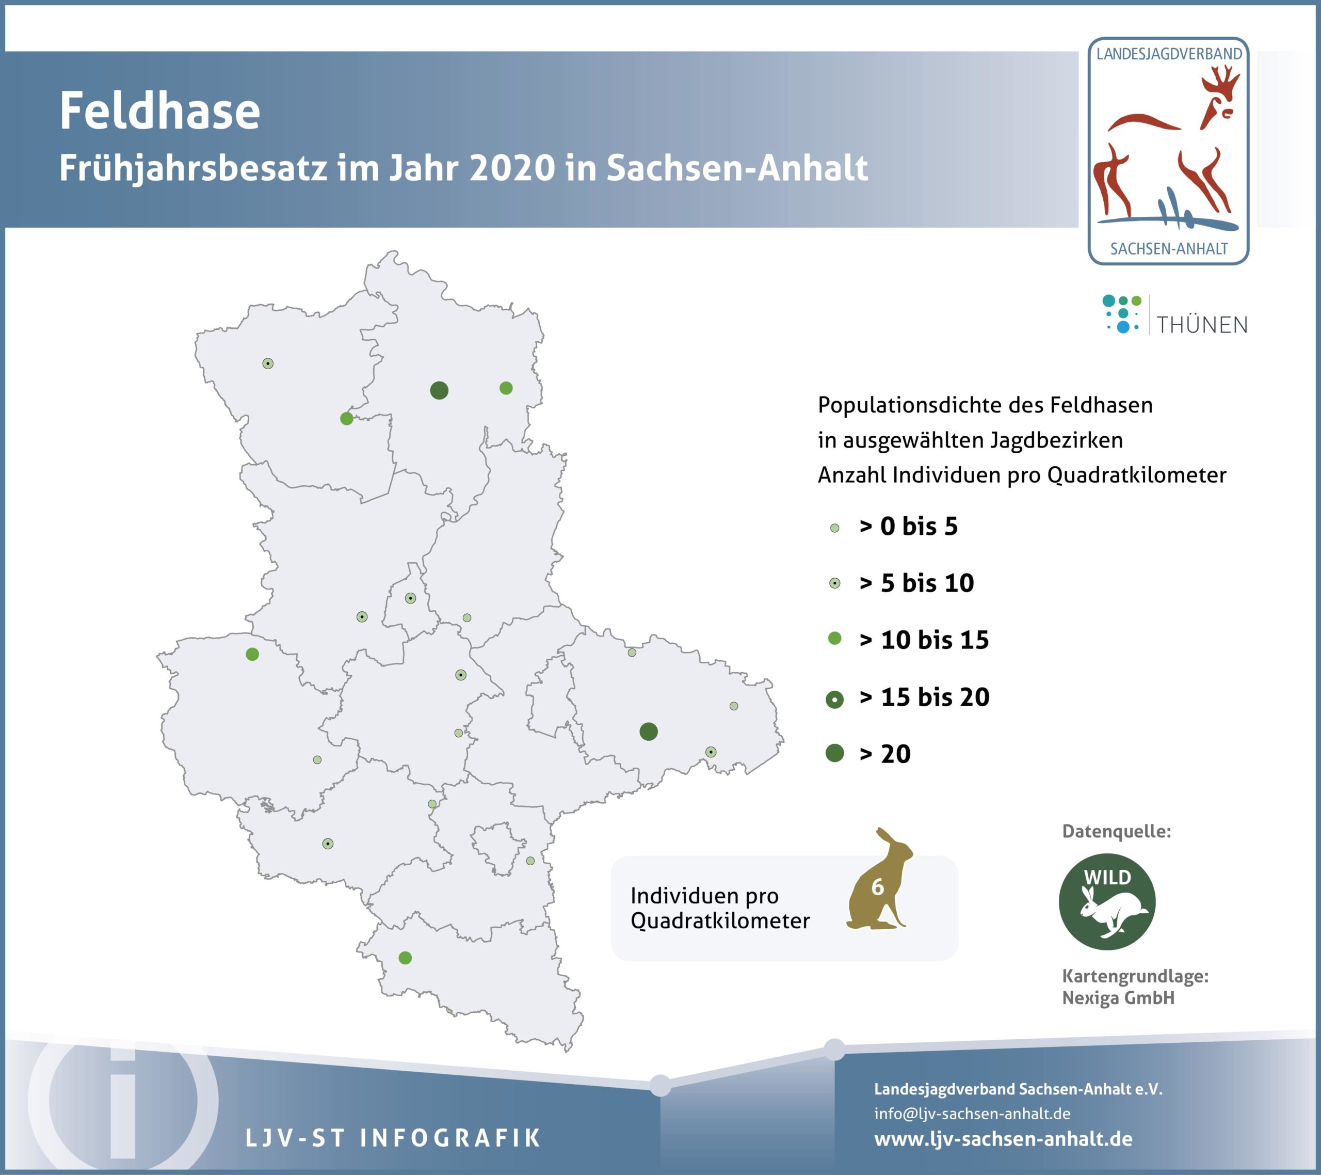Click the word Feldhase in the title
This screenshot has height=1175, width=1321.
pyautogui.click(x=159, y=110)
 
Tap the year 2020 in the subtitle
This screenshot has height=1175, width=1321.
pyautogui.click(x=512, y=168)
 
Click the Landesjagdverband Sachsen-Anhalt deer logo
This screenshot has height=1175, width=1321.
pyautogui.click(x=1168, y=151)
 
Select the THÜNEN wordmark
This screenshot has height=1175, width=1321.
pyautogui.click(x=1201, y=325)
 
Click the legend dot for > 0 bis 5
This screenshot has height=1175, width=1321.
pyautogui.click(x=834, y=528)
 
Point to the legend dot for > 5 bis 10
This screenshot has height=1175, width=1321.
pyautogui.click(x=834, y=583)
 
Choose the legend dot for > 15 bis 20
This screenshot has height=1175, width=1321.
pyautogui.click(x=834, y=700)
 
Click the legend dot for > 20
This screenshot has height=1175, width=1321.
pyautogui.click(x=834, y=753)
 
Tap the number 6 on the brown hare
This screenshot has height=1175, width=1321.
pyautogui.click(x=877, y=886)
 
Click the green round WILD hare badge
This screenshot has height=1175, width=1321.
pyautogui.click(x=1107, y=901)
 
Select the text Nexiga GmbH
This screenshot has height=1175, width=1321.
pyautogui.click(x=1118, y=998)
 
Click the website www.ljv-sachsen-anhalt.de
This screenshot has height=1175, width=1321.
pyautogui.click(x=1003, y=1139)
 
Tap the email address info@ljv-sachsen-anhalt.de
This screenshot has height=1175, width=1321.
pyautogui.click(x=972, y=1114)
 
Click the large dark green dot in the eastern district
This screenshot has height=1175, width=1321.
pyautogui.click(x=648, y=732)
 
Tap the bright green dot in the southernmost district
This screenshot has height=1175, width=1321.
pyautogui.click(x=405, y=958)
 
